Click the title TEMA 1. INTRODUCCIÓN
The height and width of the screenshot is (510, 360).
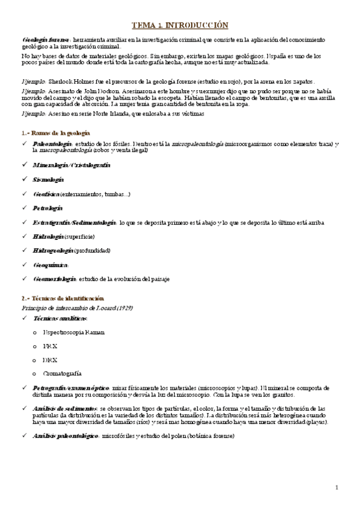click(180, 25)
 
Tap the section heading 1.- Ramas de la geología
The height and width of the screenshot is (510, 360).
click(55, 132)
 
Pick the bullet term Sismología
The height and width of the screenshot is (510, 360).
click(48, 179)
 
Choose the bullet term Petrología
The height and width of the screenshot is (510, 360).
click(48, 208)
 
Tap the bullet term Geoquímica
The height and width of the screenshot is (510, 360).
click(51, 265)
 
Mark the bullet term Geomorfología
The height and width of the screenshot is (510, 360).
click(55, 279)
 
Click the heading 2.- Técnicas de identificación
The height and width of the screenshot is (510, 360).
click(63, 298)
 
